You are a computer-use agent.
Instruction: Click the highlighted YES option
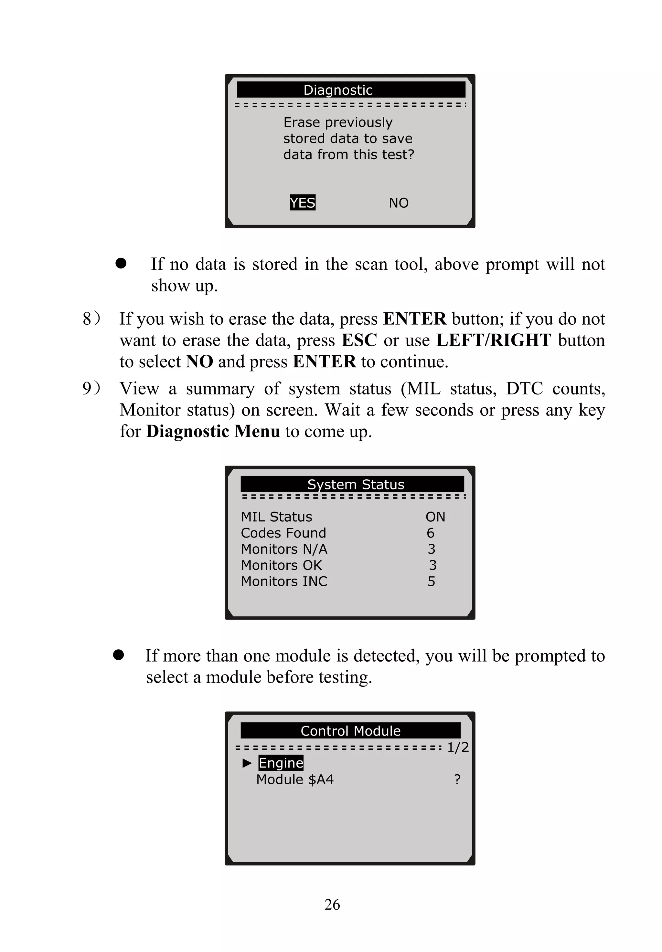(302, 202)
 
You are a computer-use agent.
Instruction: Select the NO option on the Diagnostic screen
(398, 203)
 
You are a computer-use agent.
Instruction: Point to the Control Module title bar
(350, 730)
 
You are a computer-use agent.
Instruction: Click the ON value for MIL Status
(435, 517)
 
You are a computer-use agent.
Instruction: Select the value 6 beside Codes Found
(431, 533)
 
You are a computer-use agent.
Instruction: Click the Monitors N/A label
(284, 549)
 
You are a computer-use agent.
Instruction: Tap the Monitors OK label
(281, 565)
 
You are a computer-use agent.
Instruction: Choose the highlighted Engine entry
(281, 763)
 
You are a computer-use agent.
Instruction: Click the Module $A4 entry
(294, 779)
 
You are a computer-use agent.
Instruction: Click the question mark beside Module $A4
(457, 779)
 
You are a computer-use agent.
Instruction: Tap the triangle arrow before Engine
(247, 763)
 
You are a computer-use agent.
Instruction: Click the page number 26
(332, 904)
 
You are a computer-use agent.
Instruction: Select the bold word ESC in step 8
(359, 340)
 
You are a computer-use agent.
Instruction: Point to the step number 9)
(91, 388)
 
